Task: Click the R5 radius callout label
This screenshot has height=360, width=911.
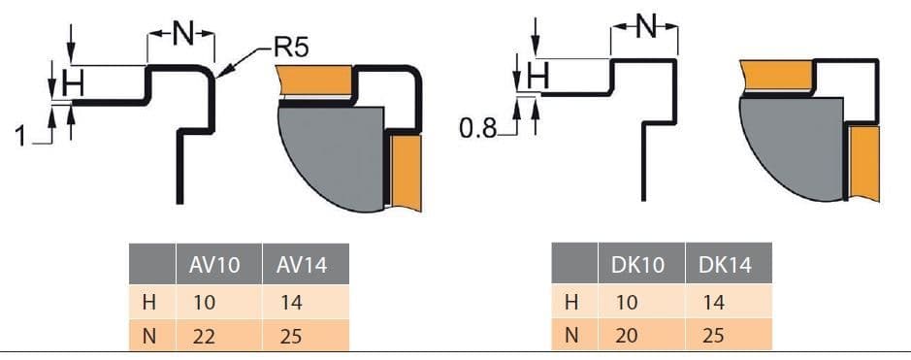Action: pyautogui.click(x=290, y=47)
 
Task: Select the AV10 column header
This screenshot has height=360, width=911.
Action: pyautogui.click(x=213, y=265)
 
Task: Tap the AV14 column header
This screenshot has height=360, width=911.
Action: pyautogui.click(x=302, y=265)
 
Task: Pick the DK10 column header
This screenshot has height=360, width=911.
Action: pyautogui.click(x=636, y=265)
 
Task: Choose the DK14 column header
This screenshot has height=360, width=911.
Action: pyautogui.click(x=725, y=265)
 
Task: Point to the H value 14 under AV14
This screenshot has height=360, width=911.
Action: pyautogui.click(x=289, y=303)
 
